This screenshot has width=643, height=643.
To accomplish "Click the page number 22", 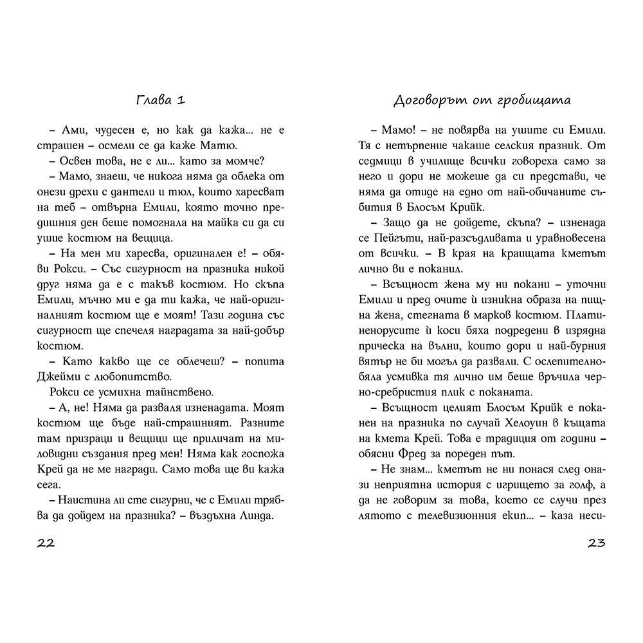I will click(46, 543).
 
